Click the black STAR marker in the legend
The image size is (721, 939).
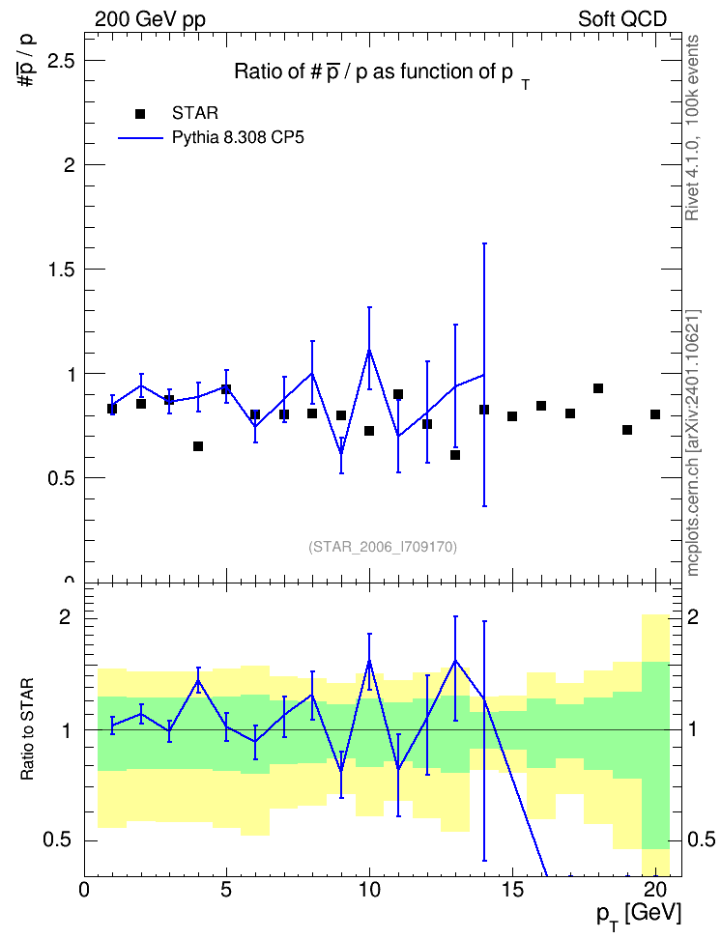tap(140, 113)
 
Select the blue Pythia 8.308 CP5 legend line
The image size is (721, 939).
tap(140, 138)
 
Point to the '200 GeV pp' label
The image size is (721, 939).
tap(150, 19)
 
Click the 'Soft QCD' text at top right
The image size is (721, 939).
tap(622, 19)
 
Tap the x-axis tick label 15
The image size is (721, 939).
tap(512, 890)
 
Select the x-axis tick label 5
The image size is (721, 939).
tap(226, 890)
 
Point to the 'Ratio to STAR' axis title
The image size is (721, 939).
tap(27, 728)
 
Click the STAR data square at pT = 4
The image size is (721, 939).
tap(198, 446)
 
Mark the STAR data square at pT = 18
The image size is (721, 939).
tap(598, 388)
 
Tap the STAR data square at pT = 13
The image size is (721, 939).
tap(455, 455)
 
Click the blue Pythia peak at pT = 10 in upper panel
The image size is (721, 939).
tap(369, 350)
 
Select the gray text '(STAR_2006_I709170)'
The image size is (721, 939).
tap(383, 547)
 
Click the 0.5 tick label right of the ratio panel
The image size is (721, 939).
tap(702, 839)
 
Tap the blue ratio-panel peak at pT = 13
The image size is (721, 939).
tap(455, 660)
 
